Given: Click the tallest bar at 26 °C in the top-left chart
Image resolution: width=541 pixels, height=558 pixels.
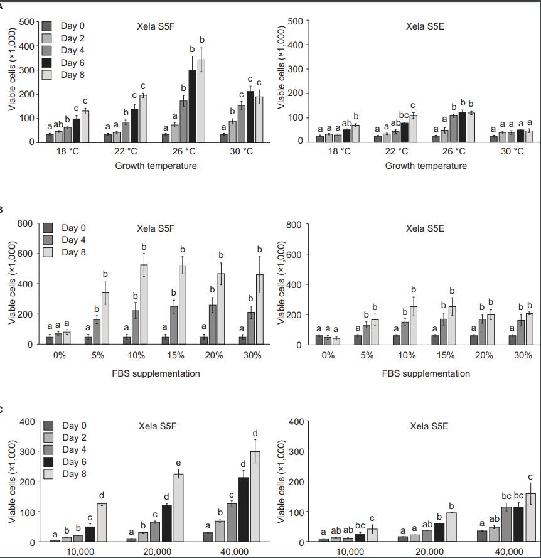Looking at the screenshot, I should tap(201, 100).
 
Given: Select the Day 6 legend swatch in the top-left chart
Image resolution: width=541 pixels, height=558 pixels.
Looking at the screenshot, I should tap(47, 62).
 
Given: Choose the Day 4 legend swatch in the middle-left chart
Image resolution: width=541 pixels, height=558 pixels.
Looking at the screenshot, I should tap(47, 240).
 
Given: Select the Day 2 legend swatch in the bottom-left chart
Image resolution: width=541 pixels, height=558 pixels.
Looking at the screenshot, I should tap(47, 437).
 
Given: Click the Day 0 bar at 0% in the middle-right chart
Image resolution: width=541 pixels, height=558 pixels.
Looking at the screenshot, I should tap(319, 340).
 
